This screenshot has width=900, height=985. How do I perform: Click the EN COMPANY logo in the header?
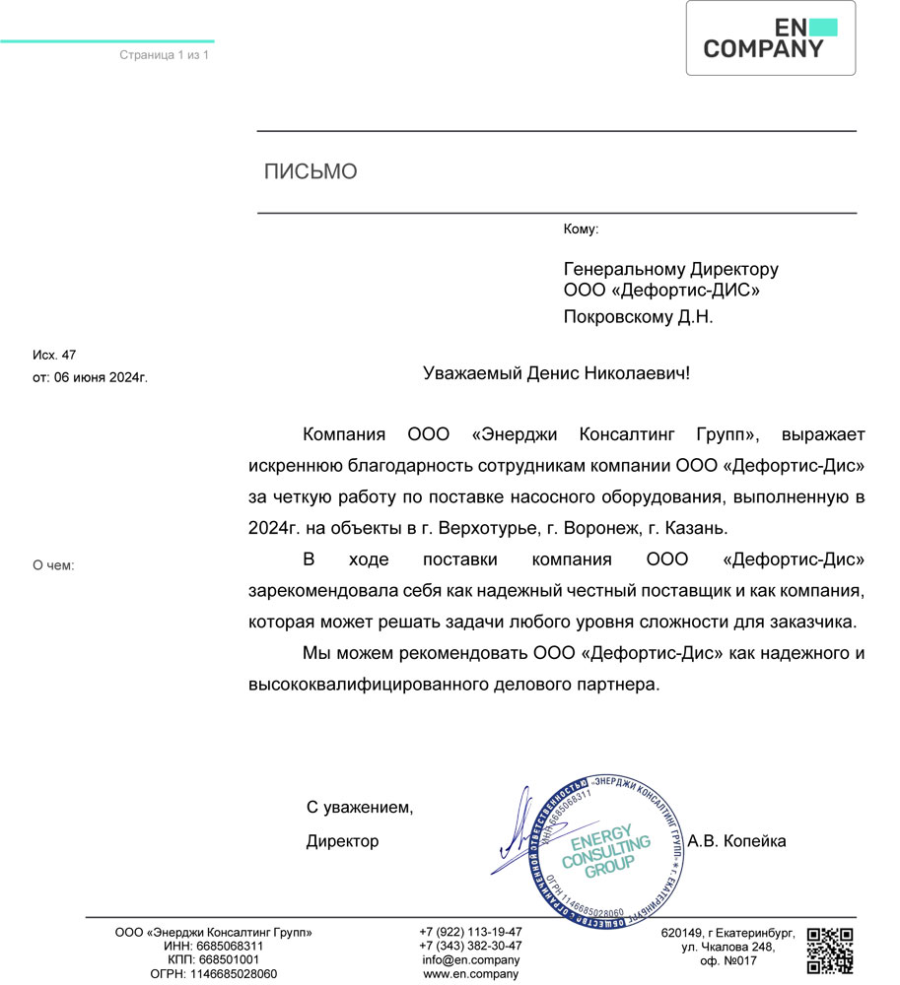coord(770,38)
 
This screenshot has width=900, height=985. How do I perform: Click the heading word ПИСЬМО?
coord(311,172)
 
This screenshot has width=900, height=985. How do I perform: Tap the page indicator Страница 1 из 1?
coord(165,55)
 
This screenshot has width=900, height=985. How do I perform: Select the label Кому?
coord(581,230)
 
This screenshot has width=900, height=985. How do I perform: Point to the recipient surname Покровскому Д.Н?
coord(637,317)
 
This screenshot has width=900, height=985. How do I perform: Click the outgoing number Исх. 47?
coord(54,355)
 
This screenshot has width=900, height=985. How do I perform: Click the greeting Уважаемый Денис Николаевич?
coord(557,374)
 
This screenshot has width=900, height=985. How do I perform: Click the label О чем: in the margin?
coord(54,565)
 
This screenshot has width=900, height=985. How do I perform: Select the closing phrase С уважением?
coord(360,808)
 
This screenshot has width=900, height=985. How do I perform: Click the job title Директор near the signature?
coord(342,841)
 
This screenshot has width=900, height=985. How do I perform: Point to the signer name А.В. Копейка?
coord(736,841)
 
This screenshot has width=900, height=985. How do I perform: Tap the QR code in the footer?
coord(829,950)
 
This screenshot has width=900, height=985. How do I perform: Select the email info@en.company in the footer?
coord(470,959)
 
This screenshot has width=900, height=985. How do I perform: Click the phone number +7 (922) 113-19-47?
coord(470,932)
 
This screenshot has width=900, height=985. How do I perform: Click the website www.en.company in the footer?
coord(470,973)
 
